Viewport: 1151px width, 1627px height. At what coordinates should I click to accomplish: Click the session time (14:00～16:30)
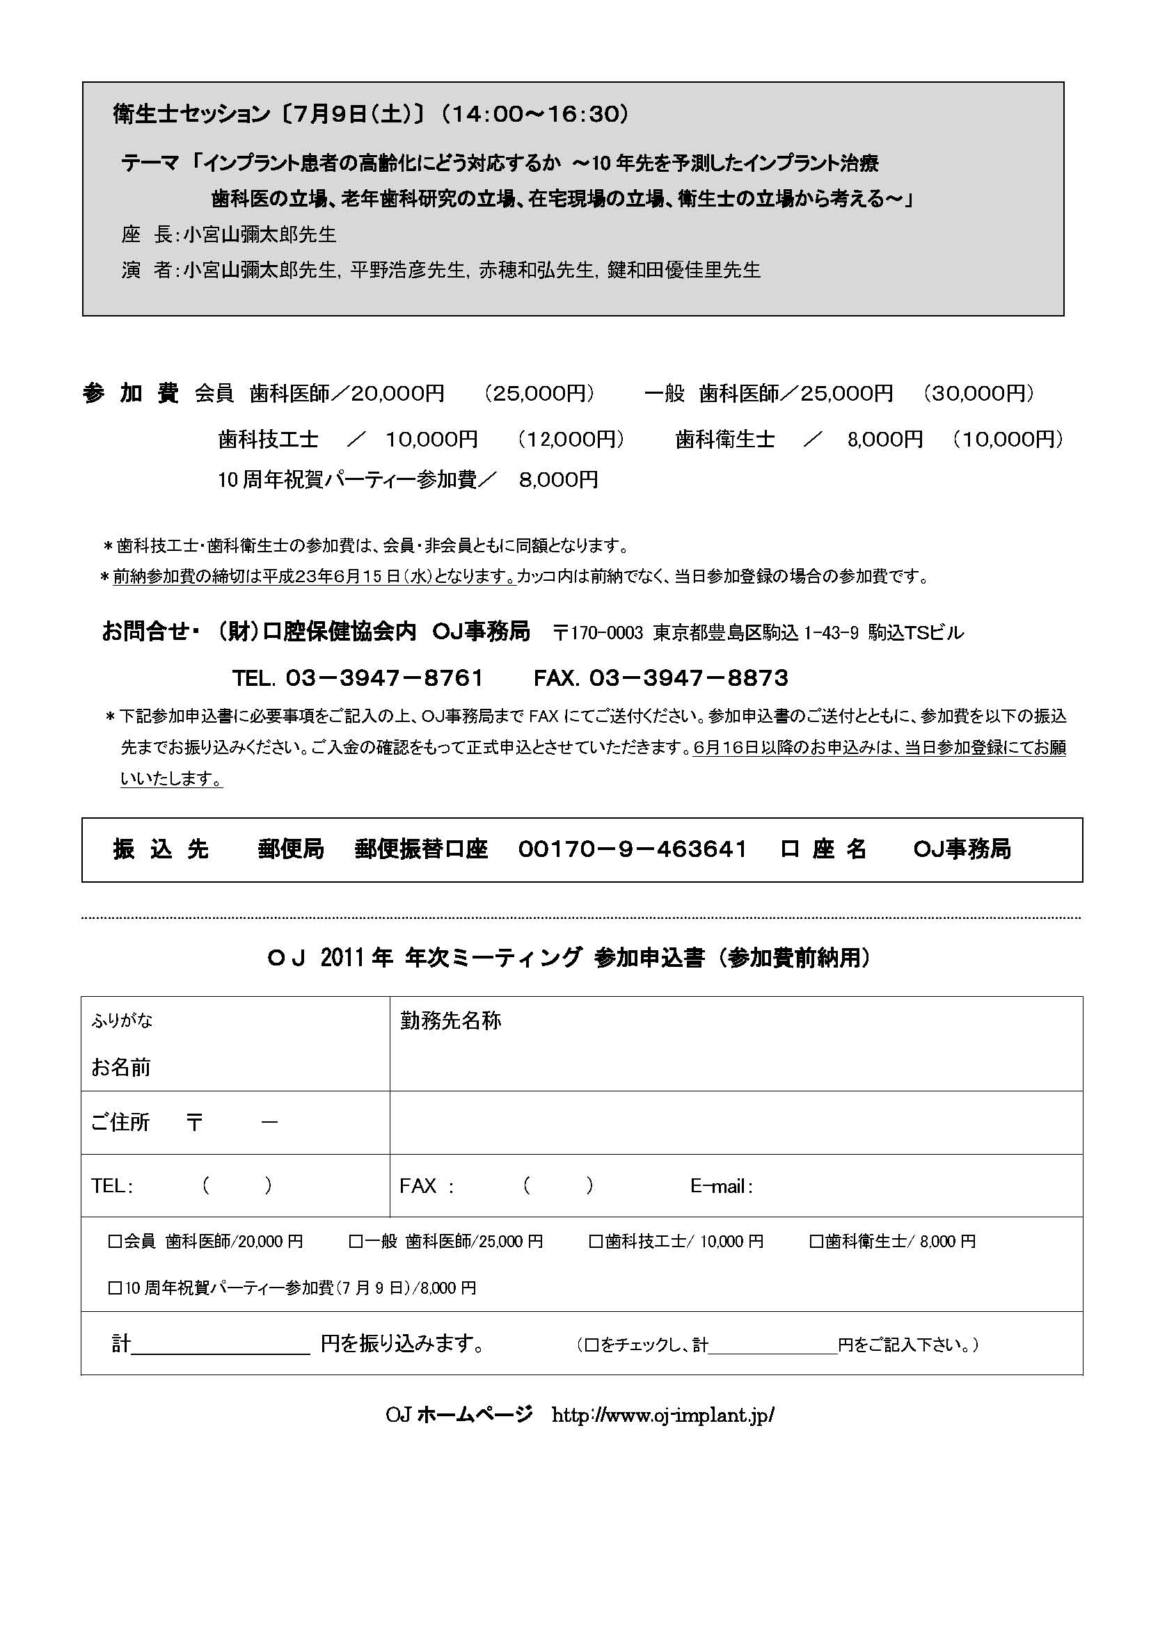[x=534, y=114]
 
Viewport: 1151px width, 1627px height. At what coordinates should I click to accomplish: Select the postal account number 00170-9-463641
[x=632, y=849]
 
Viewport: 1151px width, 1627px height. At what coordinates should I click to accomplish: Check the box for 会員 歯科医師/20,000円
[x=114, y=1242]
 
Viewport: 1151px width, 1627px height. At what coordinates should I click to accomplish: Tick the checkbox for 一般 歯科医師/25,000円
[x=355, y=1242]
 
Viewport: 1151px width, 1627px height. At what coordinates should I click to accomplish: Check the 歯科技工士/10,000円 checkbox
[x=596, y=1242]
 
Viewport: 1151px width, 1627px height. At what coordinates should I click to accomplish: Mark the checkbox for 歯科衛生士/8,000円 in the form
[x=816, y=1242]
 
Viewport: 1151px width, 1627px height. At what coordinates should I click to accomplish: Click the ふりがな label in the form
[x=122, y=1020]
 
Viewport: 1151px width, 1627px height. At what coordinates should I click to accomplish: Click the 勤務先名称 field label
[x=451, y=1021]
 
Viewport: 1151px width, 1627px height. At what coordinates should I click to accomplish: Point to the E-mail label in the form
[x=721, y=1186]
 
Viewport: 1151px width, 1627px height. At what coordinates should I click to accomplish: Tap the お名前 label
[x=120, y=1067]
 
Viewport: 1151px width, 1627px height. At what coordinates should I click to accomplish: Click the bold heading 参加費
[x=130, y=393]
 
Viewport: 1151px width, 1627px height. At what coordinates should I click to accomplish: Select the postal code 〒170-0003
[x=598, y=633]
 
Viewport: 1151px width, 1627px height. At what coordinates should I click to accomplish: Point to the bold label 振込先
[x=161, y=849]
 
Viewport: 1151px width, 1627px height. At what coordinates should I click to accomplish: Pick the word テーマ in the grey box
[x=150, y=163]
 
